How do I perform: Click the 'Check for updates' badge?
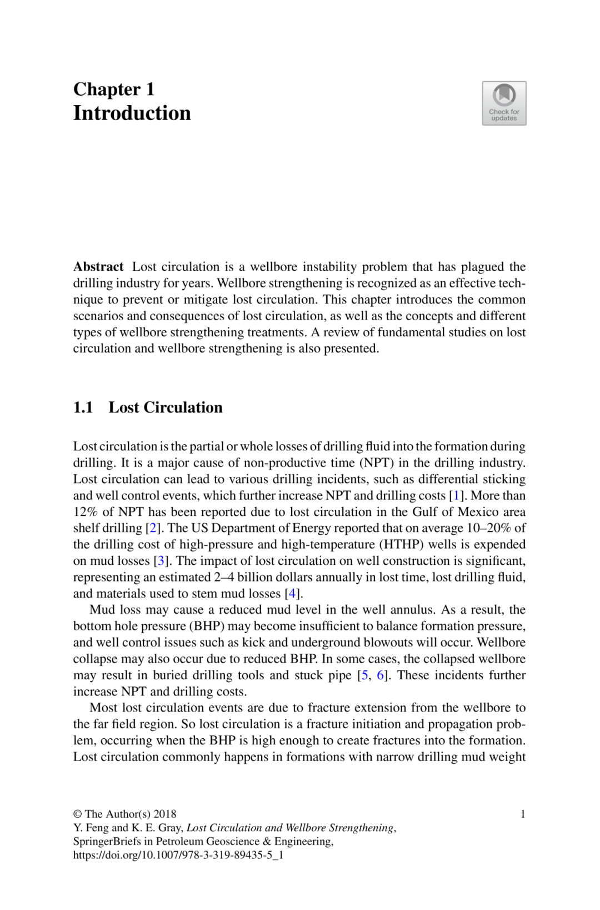pyautogui.click(x=504, y=103)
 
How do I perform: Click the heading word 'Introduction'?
pyautogui.click(x=132, y=113)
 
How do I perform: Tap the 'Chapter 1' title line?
pyautogui.click(x=114, y=89)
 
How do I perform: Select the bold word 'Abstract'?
pyautogui.click(x=98, y=267)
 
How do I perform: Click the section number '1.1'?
pyautogui.click(x=83, y=407)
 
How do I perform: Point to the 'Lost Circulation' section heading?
pyautogui.click(x=166, y=407)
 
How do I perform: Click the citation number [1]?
pyautogui.click(x=456, y=495)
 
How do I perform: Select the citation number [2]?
pyautogui.click(x=153, y=528)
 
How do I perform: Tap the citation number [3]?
pyautogui.click(x=161, y=561)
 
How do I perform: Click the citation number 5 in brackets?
pyautogui.click(x=364, y=675)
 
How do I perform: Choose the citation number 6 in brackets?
pyautogui.click(x=381, y=675)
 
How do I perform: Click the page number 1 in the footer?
pyautogui.click(x=523, y=814)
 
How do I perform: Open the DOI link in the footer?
pyautogui.click(x=178, y=856)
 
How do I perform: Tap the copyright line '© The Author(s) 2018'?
pyautogui.click(x=125, y=814)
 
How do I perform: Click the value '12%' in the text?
pyautogui.click(x=85, y=512)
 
